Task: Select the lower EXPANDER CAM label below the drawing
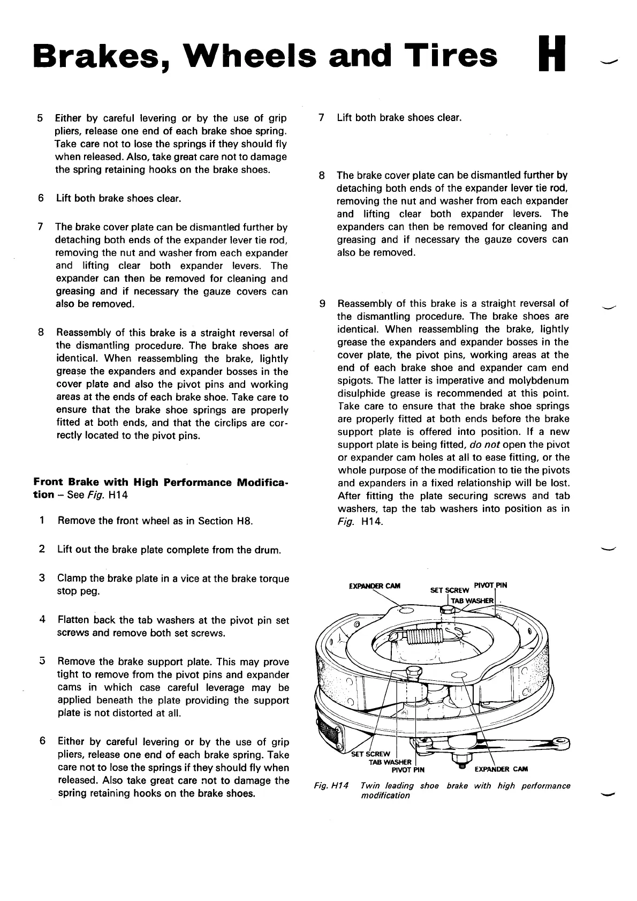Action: (x=501, y=770)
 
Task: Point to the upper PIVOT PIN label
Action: (x=490, y=584)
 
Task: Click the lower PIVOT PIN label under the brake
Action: (x=408, y=770)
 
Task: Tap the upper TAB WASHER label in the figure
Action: (x=471, y=600)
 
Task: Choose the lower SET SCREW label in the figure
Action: (x=370, y=755)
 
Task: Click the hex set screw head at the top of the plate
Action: (x=448, y=610)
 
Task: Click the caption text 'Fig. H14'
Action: (x=331, y=786)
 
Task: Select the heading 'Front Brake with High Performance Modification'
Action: (x=161, y=487)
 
